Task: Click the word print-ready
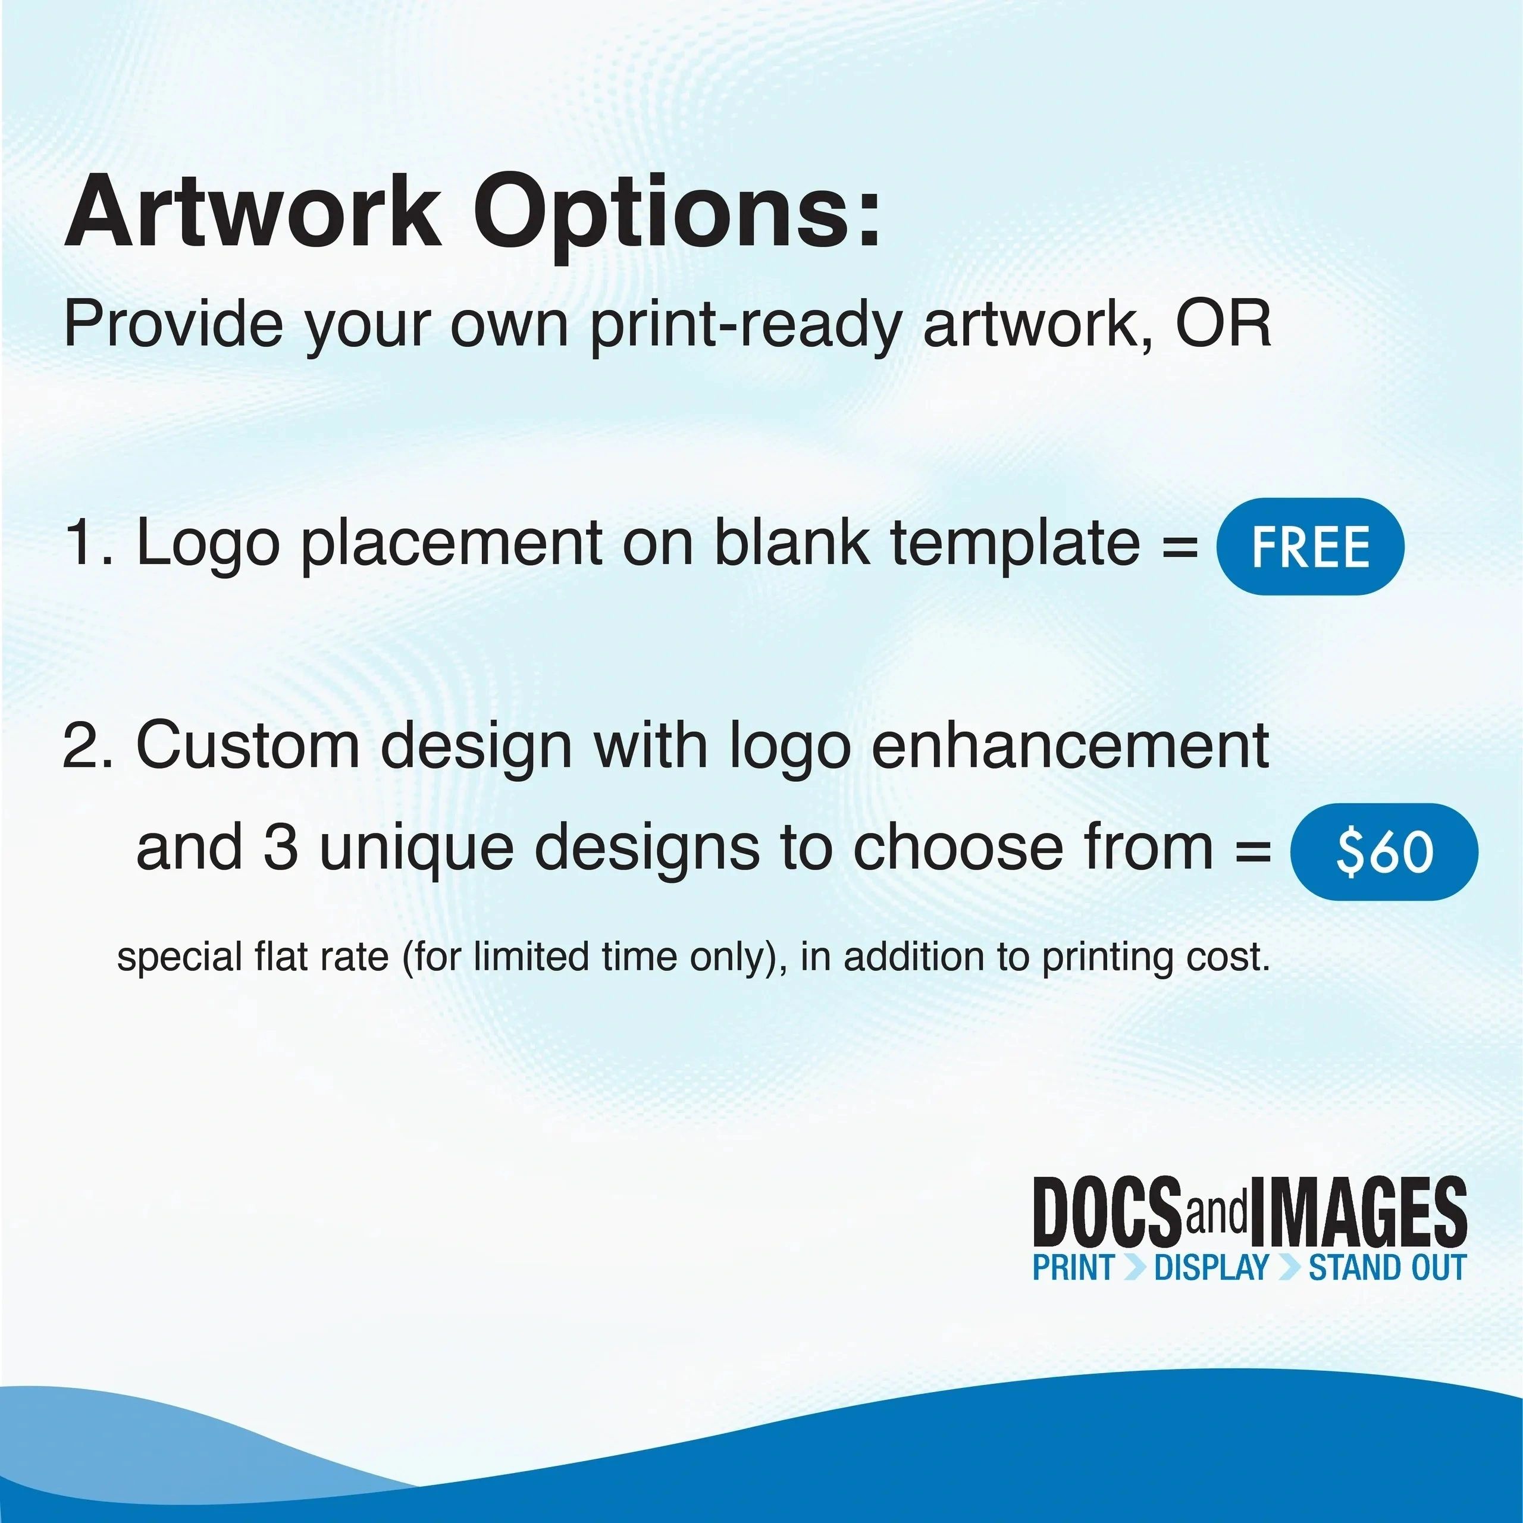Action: tap(744, 328)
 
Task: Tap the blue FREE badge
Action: tap(1310, 546)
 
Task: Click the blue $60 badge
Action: tap(1383, 852)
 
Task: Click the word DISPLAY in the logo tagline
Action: tap(1211, 1268)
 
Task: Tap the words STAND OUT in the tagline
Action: tap(1387, 1268)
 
